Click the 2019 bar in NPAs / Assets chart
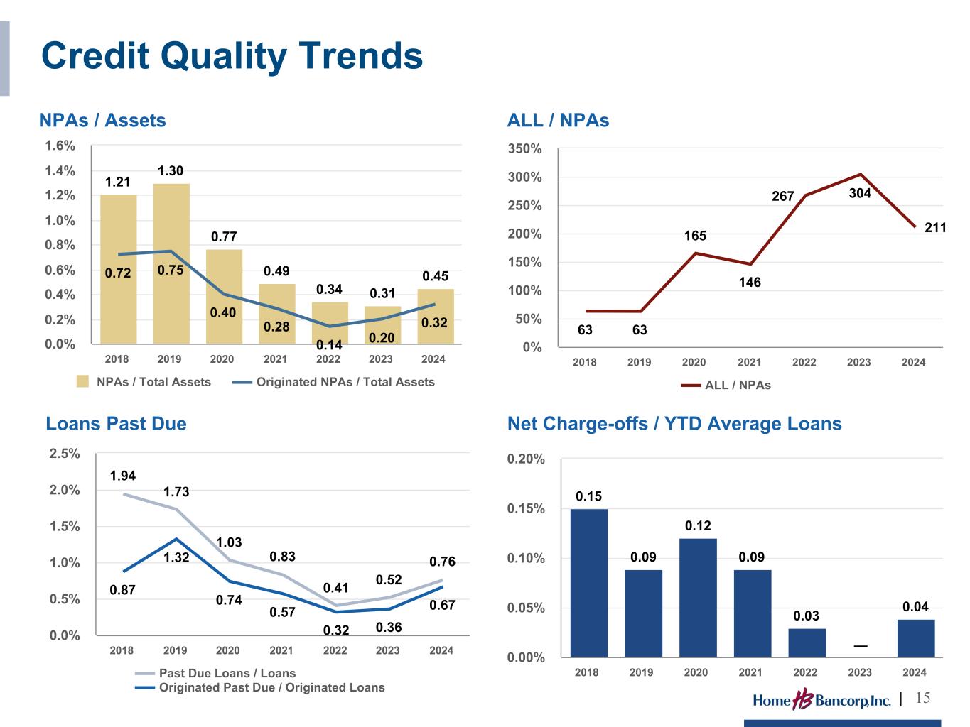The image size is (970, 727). [x=171, y=263]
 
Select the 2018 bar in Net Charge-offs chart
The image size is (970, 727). [x=588, y=583]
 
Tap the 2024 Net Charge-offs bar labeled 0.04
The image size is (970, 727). [x=916, y=638]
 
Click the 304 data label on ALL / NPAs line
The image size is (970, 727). [x=860, y=193]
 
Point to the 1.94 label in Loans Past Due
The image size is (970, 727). [x=122, y=476]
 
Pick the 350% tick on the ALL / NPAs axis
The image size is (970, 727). [x=524, y=149]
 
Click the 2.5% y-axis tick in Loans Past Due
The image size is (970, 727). [x=65, y=454]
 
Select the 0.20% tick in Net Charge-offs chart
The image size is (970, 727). [x=526, y=459]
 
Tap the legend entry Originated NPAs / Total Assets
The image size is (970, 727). [x=334, y=382]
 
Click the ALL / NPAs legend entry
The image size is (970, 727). [x=726, y=386]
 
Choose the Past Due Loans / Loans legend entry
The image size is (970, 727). [x=215, y=673]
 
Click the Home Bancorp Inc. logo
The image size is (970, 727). [x=821, y=699]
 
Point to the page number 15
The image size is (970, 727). [x=922, y=698]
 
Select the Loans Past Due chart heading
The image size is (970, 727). [x=117, y=423]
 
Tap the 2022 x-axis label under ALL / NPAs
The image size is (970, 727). [x=804, y=362]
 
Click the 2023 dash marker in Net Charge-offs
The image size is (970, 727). [x=861, y=646]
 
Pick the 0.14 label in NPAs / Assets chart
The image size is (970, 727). [x=329, y=345]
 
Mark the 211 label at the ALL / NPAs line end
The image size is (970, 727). [x=935, y=228]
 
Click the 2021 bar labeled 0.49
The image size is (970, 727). [x=277, y=314]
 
